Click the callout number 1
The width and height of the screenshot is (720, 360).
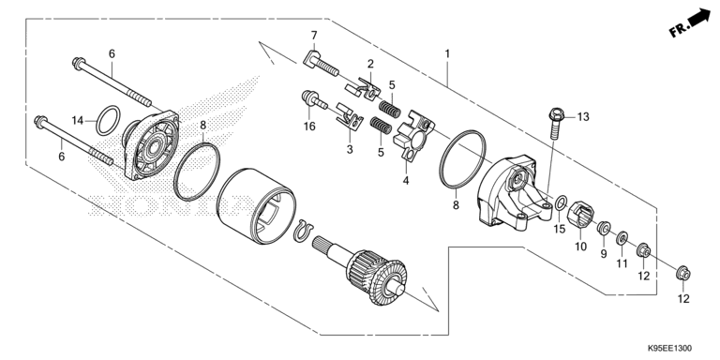tap(448, 54)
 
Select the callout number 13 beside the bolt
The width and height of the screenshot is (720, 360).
tap(583, 117)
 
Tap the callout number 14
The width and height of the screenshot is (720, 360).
tap(79, 120)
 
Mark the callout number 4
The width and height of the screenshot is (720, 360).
tap(406, 180)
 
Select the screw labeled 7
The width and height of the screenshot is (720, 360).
tap(322, 65)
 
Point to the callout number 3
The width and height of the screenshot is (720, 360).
tap(349, 150)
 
